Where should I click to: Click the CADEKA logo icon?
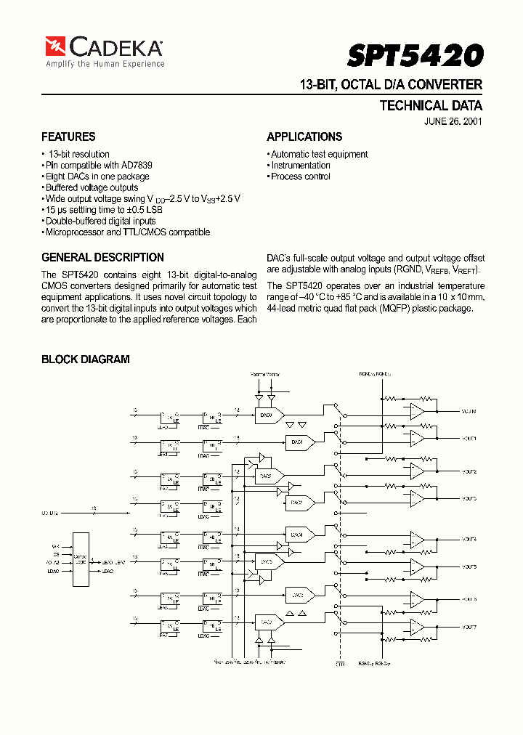pos(55,46)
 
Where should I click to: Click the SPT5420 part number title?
pos(415,55)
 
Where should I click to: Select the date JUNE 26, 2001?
pos(453,121)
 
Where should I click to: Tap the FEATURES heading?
pos(68,137)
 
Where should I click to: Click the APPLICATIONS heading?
pos(304,137)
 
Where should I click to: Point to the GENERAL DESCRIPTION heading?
pos(102,257)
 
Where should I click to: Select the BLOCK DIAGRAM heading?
pos(85,359)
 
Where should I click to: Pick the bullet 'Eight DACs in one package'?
pos(97,176)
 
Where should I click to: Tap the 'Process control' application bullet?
pos(301,176)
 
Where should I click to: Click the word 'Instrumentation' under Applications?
pos(301,165)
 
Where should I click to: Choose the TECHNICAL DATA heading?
pos(431,105)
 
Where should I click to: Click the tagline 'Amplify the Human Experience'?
pos(105,64)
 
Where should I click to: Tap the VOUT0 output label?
pos(469,412)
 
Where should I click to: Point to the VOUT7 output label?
pos(469,627)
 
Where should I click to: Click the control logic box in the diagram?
pos(80,559)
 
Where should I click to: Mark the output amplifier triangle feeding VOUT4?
pos(417,539)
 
